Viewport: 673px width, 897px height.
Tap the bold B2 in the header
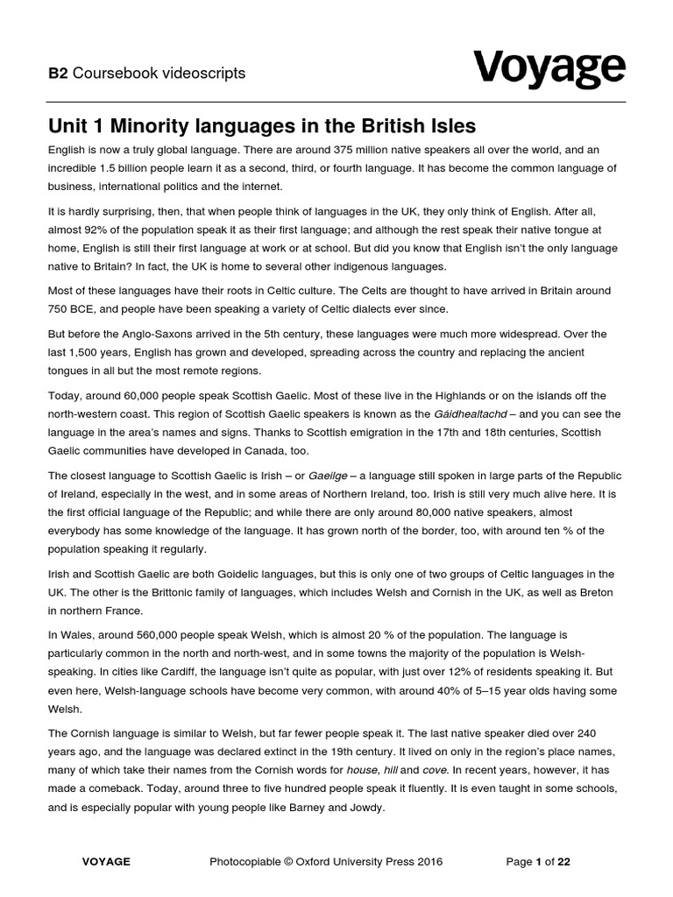[58, 74]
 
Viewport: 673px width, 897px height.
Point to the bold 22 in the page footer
[563, 862]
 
